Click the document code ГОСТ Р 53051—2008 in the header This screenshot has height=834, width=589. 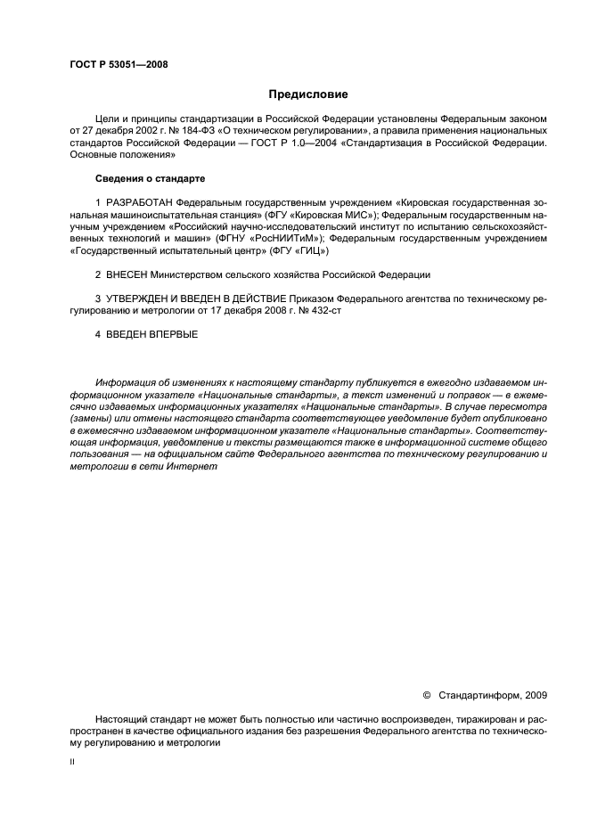(118, 63)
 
